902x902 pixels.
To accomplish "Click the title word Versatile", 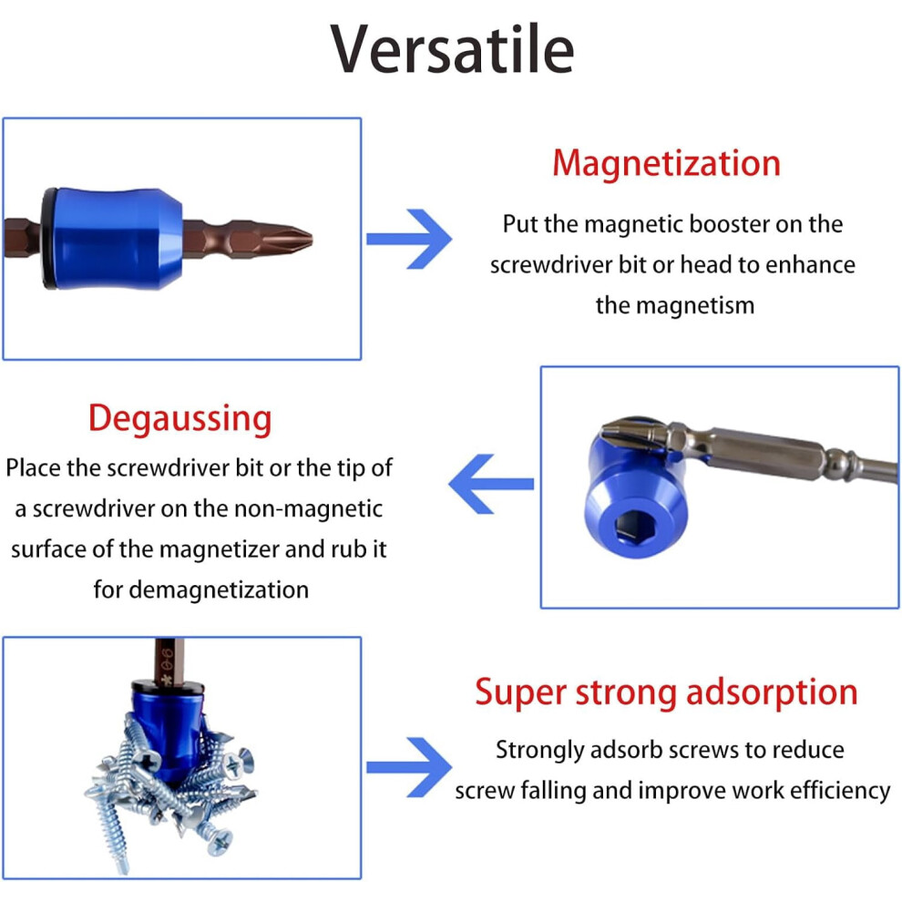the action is [x=452, y=49].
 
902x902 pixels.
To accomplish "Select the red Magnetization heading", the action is [x=666, y=163].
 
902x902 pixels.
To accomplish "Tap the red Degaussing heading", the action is [x=180, y=419].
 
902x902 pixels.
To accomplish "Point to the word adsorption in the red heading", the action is [x=772, y=692].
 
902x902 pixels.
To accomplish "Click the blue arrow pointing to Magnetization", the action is [x=409, y=239].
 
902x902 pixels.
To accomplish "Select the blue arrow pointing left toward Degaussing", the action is [x=491, y=484].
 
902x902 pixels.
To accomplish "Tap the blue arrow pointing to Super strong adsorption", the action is [x=409, y=767].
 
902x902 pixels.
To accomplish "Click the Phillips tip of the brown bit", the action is [x=291, y=238].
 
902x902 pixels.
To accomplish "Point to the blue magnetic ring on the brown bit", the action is [x=115, y=238].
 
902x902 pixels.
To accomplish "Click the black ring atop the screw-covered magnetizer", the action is [x=167, y=687].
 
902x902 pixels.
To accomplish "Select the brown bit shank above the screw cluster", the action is [x=169, y=661].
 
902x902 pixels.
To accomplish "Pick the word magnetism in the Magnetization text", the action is [x=703, y=305].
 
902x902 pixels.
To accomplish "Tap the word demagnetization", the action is [x=219, y=590].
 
